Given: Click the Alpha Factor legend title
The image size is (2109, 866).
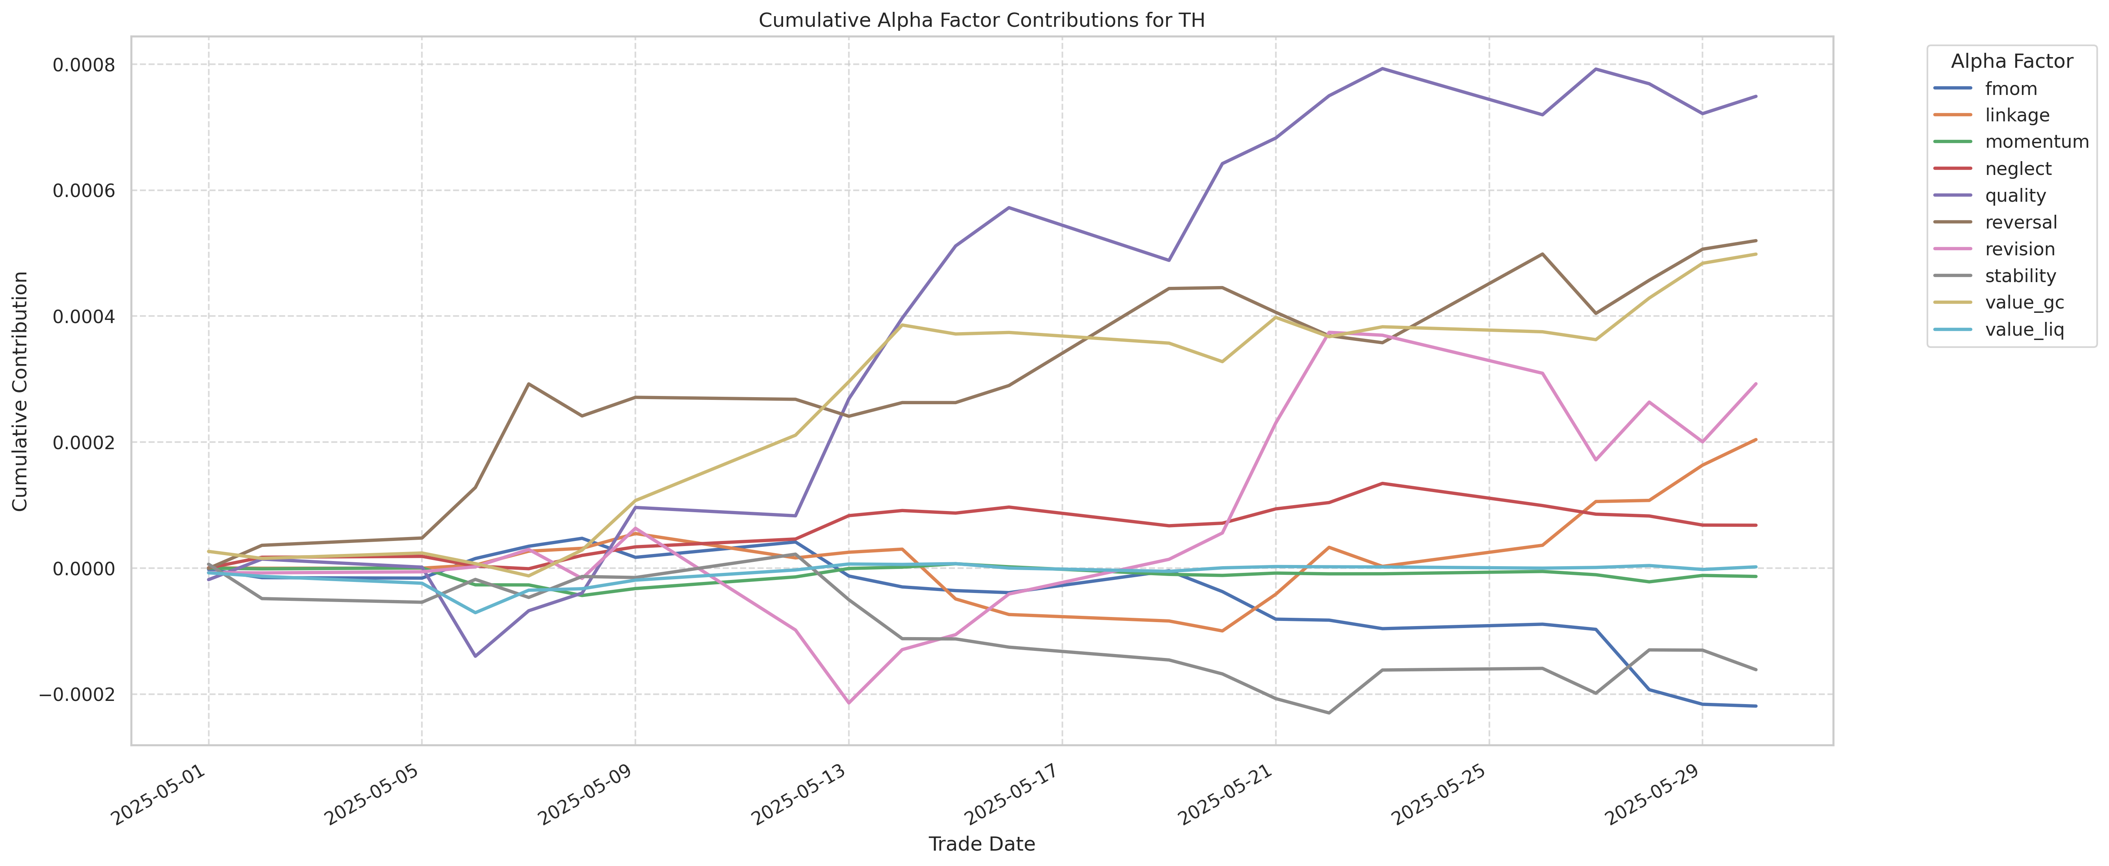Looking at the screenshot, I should [x=2012, y=61].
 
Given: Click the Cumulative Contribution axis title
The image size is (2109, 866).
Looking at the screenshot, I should [x=20, y=391].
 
